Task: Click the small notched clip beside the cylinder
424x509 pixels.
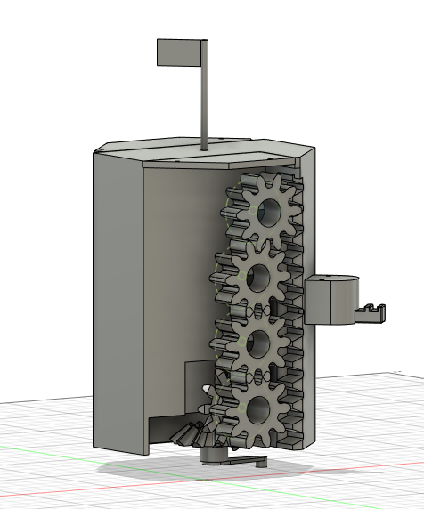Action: (x=373, y=311)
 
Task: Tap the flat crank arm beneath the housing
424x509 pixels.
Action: (x=249, y=461)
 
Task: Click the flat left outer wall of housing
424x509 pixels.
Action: (x=118, y=294)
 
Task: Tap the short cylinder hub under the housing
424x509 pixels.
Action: (x=214, y=454)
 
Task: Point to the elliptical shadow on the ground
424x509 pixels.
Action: (x=160, y=472)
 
